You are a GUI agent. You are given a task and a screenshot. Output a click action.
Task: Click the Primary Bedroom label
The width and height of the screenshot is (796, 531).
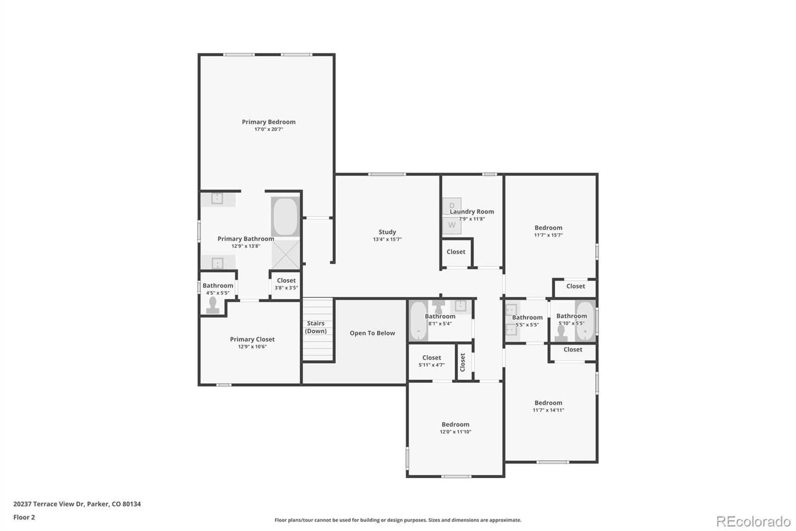[269, 122]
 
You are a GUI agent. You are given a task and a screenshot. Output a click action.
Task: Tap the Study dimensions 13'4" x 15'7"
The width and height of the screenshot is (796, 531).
[387, 240]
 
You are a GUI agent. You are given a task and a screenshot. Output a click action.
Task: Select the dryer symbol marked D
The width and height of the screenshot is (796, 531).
[452, 206]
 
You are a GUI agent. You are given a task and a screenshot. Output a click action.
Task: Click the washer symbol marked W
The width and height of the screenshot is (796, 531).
[452, 225]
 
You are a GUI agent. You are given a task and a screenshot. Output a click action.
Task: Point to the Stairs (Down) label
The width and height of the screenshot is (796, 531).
[316, 327]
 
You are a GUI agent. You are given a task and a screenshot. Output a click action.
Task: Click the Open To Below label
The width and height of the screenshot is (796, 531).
[372, 333]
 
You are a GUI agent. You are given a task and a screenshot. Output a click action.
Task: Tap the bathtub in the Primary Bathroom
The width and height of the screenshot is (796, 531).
[286, 217]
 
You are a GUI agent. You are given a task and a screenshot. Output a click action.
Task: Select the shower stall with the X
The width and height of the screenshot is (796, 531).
[286, 255]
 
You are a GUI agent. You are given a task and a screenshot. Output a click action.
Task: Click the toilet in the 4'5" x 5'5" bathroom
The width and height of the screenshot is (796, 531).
[213, 305]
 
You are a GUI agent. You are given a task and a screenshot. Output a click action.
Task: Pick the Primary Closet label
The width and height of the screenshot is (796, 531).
[252, 339]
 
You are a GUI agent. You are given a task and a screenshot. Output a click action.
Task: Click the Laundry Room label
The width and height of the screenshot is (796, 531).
[472, 212]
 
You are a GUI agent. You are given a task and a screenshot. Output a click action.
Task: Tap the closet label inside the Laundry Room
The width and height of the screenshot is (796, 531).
[456, 252]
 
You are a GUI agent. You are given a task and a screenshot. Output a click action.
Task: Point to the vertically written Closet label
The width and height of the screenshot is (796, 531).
[463, 362]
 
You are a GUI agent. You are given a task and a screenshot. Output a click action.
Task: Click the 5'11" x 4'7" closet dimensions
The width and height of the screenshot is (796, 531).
[431, 365]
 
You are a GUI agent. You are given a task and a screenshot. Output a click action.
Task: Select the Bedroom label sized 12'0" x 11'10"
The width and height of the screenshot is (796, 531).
[455, 424]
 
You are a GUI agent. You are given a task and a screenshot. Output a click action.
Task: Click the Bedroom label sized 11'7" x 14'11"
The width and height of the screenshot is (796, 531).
[548, 403]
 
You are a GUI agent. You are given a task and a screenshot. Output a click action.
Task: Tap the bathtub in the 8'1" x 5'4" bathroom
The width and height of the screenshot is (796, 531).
[418, 321]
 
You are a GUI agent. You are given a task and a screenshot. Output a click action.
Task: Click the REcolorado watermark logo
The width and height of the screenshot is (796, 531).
[753, 522]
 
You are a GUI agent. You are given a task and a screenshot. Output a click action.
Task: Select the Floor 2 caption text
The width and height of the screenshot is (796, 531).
[24, 517]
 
